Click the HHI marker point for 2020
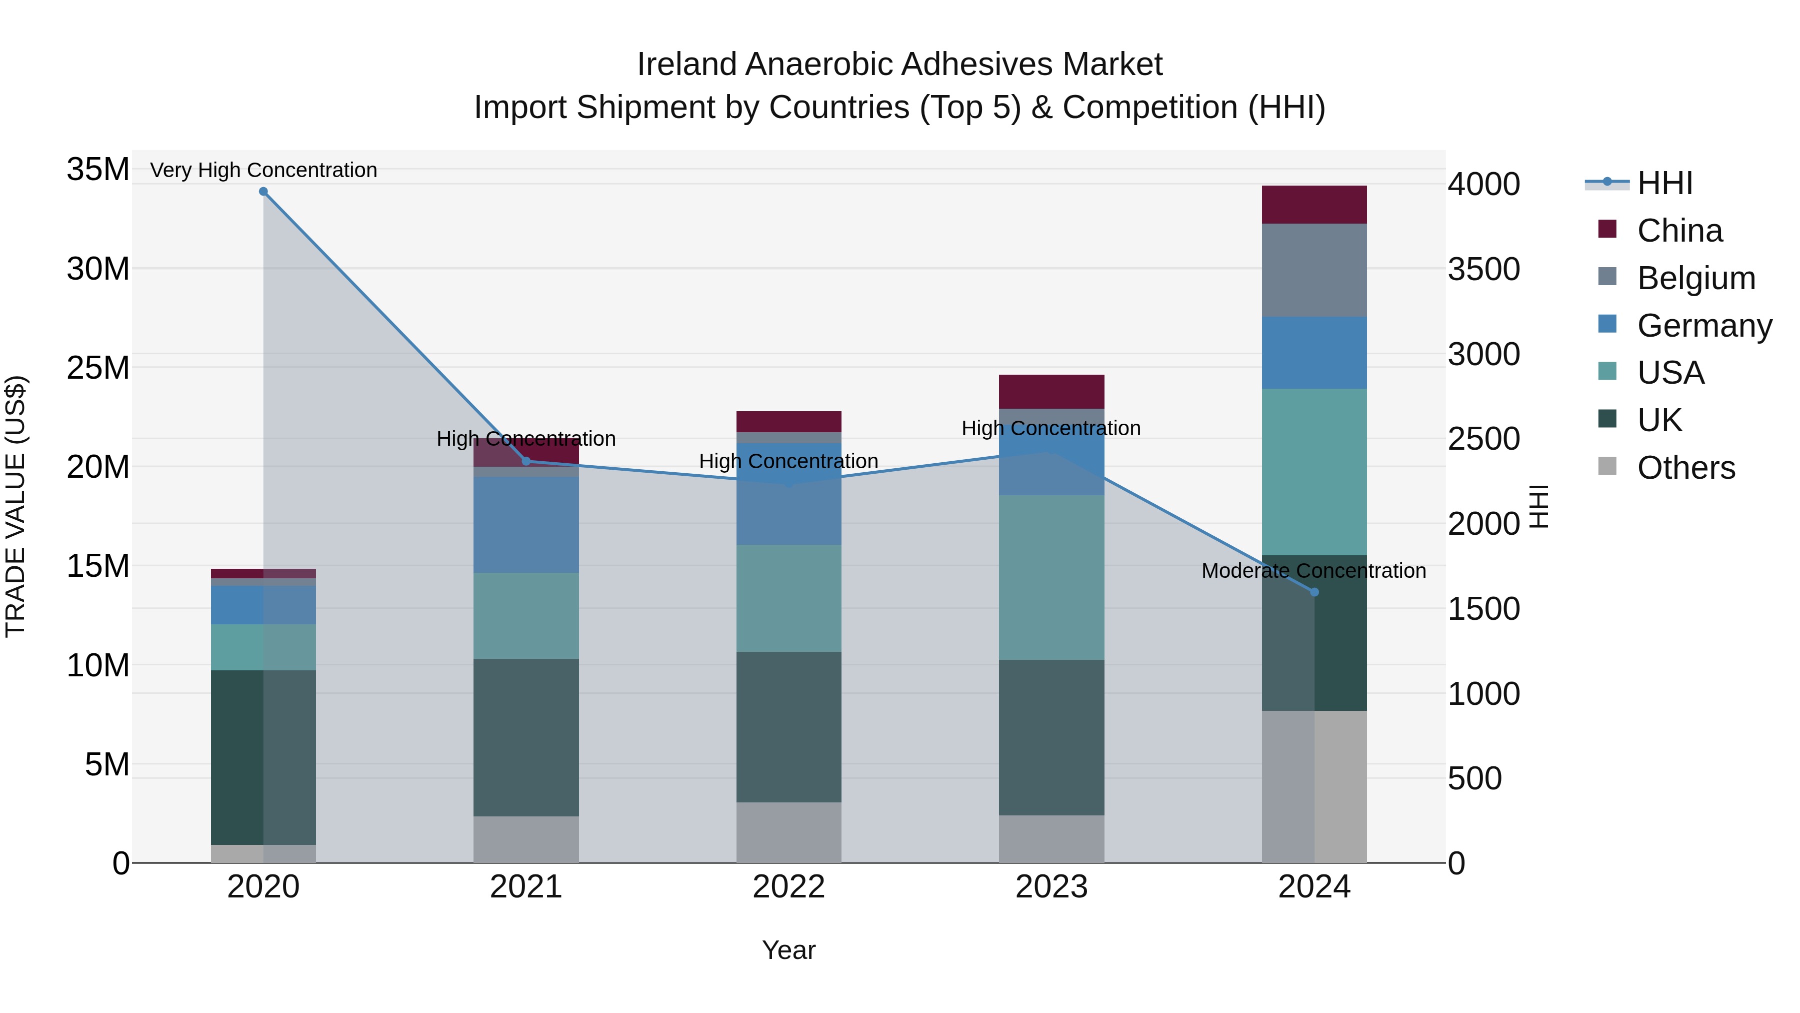[x=263, y=192]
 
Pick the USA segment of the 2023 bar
[x=1051, y=577]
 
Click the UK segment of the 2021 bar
[x=526, y=737]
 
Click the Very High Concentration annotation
[x=263, y=170]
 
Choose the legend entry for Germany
[x=1703, y=326]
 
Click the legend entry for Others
[x=1685, y=468]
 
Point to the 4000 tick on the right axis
[x=1483, y=185]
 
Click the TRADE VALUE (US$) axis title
[x=16, y=506]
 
